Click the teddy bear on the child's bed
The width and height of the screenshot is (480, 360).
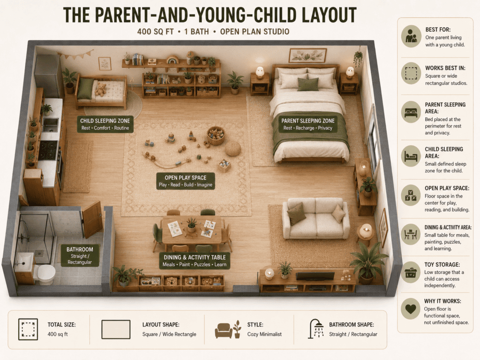point(100,89)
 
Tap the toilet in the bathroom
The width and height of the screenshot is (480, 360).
point(45,273)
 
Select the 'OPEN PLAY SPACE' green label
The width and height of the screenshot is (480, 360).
point(186,181)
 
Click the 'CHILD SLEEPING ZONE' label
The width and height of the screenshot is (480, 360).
point(105,124)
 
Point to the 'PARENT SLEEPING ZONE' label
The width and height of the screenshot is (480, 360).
point(307,124)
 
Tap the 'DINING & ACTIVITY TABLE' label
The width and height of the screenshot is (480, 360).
point(195,261)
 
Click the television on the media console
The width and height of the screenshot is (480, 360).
point(315,276)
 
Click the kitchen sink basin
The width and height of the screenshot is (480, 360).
point(51,125)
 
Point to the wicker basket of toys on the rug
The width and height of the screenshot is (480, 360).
point(216,135)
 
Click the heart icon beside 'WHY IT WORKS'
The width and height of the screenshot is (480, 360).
point(411,308)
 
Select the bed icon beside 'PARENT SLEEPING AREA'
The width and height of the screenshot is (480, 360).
point(411,112)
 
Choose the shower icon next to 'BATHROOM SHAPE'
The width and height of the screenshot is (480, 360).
point(316,329)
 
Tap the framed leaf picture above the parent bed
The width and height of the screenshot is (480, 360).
point(307,56)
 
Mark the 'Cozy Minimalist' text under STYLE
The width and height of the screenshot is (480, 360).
point(264,334)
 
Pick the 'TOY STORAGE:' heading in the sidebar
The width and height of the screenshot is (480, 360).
point(442,264)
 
